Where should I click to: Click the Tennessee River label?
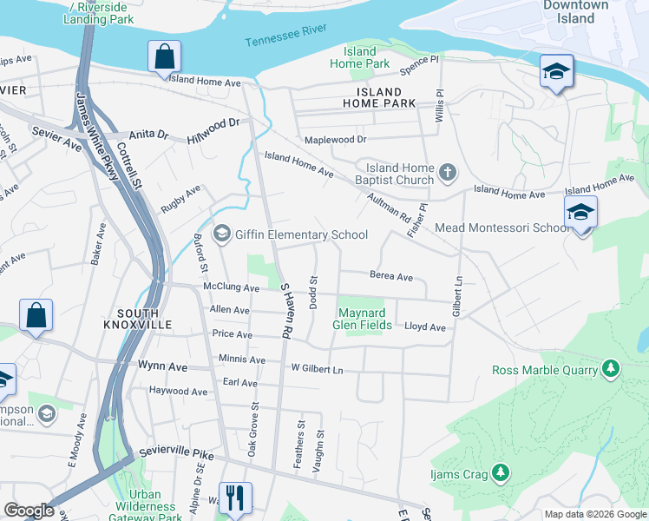click(x=285, y=36)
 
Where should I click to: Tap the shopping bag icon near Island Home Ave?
click(x=164, y=57)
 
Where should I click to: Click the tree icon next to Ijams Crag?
click(x=500, y=472)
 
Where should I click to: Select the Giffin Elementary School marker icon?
click(x=222, y=234)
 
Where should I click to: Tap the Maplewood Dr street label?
click(x=335, y=139)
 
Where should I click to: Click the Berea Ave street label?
click(x=391, y=277)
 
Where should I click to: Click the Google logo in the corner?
click(x=29, y=511)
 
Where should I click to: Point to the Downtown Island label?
click(x=576, y=11)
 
